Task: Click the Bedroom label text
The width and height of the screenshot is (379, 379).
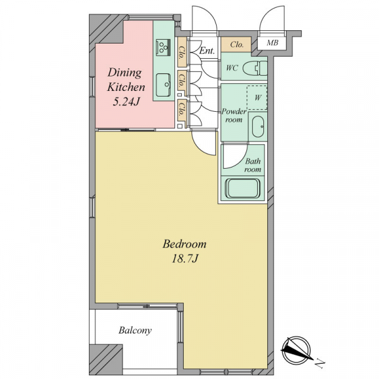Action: (x=184, y=244)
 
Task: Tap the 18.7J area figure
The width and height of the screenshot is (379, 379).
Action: (x=185, y=259)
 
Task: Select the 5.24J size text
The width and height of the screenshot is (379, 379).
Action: (x=126, y=102)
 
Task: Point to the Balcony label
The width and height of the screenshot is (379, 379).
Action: (x=135, y=330)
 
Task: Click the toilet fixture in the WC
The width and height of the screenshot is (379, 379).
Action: (x=255, y=68)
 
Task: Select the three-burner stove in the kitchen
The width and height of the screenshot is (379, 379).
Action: (x=163, y=47)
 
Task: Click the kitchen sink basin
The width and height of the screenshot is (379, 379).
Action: (x=163, y=85)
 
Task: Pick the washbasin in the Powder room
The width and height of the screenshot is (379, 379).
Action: (x=258, y=127)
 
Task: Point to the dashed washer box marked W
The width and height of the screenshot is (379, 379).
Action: (x=256, y=97)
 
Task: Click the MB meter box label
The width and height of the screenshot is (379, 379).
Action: (x=272, y=43)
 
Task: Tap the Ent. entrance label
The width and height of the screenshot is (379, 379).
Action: (x=207, y=51)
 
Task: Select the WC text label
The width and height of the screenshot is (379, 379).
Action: (x=232, y=68)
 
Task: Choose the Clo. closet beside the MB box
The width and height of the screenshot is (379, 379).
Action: (x=236, y=44)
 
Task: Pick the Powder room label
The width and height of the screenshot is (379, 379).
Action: (x=234, y=116)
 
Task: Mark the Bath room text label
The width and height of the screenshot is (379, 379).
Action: (x=253, y=165)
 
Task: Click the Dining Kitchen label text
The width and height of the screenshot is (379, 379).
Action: (x=126, y=80)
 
